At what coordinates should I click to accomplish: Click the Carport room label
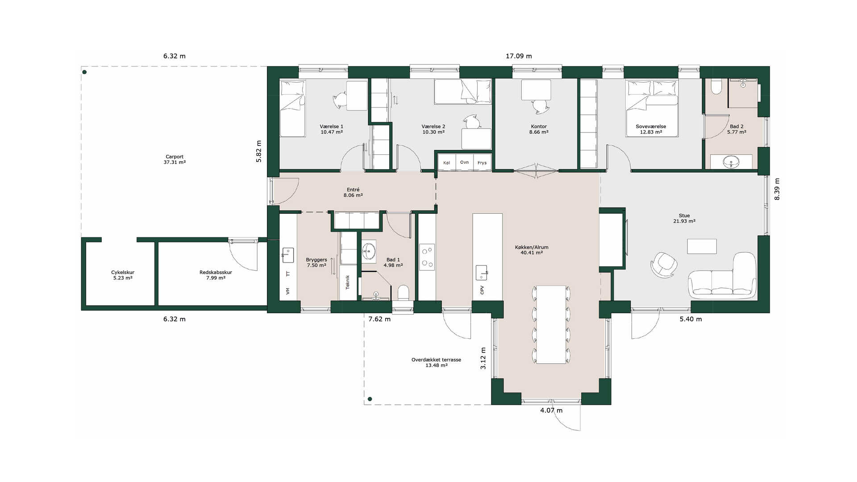[x=175, y=157]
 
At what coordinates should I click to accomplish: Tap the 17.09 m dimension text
[x=519, y=56]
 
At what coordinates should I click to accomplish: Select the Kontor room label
[x=539, y=127]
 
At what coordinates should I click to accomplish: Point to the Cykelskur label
[x=123, y=272]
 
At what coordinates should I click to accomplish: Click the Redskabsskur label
[x=216, y=272]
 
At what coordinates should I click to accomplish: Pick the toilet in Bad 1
[x=403, y=293]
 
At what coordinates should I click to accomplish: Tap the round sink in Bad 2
[x=731, y=161]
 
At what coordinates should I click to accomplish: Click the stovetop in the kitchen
[x=427, y=257]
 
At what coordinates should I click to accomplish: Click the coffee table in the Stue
[x=702, y=246]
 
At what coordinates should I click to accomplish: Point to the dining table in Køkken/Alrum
[x=551, y=324]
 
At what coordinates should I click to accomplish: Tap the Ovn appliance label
[x=464, y=162]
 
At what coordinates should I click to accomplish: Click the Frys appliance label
[x=482, y=163]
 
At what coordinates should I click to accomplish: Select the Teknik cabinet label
[x=348, y=282]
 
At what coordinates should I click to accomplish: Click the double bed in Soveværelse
[x=652, y=108]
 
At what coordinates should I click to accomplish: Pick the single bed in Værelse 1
[x=292, y=108]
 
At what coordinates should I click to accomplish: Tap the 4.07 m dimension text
[x=551, y=411]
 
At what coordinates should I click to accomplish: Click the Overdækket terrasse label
[x=436, y=360]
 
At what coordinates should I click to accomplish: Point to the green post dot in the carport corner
[x=84, y=72]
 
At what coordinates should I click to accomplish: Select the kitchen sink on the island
[x=482, y=272]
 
